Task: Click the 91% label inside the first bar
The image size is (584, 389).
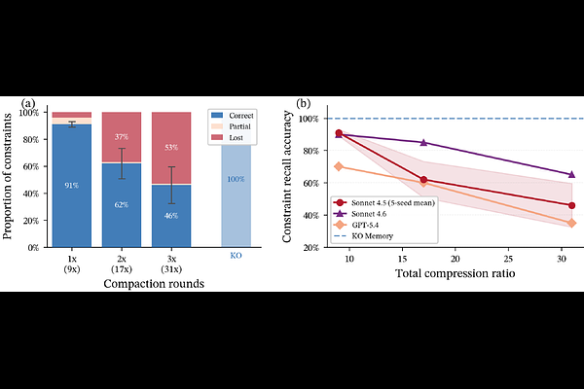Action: [x=72, y=185]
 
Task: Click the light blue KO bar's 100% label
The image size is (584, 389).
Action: [x=237, y=180]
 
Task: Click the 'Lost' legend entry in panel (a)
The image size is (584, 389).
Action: [x=235, y=142]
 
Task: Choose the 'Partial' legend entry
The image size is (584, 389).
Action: [x=237, y=128]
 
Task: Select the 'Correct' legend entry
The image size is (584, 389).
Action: [x=239, y=115]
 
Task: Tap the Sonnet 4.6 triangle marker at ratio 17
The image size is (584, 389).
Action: [x=423, y=142]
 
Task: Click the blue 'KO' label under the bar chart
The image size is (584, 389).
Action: [x=236, y=256]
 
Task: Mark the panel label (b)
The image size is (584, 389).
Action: [x=304, y=104]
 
